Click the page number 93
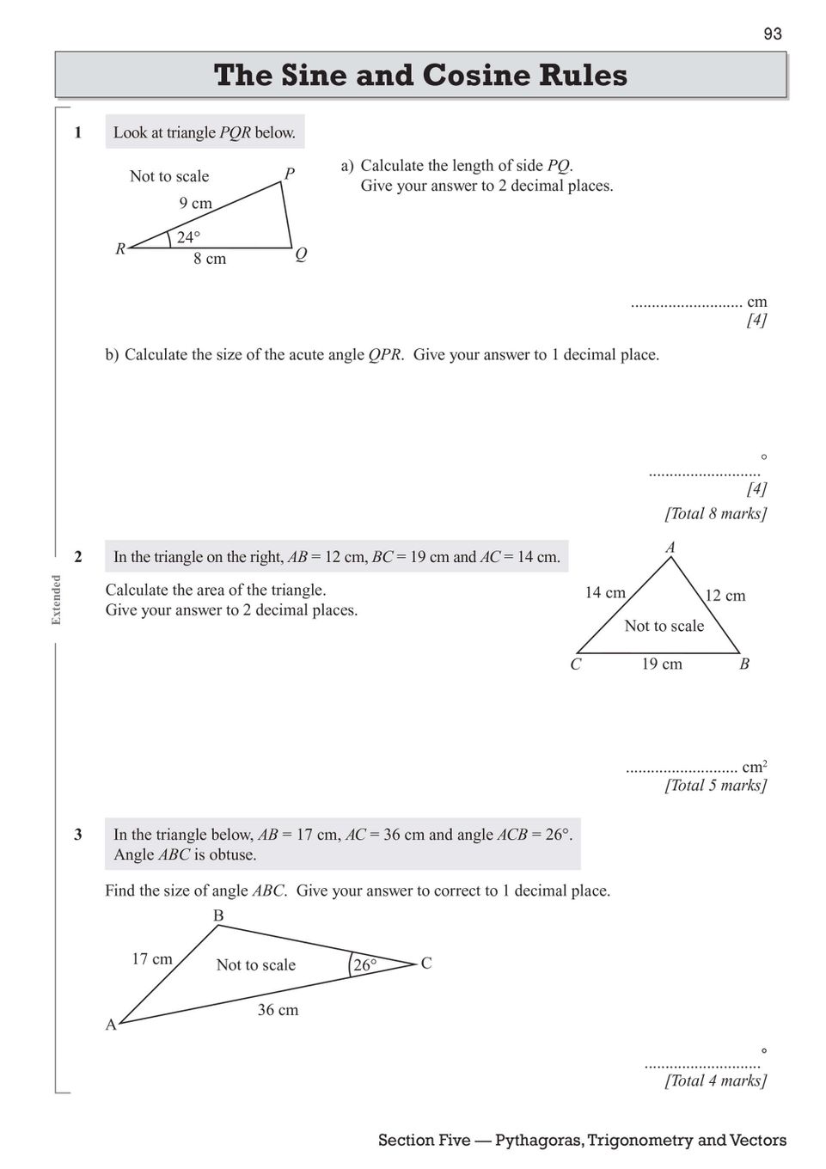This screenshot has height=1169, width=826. (x=772, y=34)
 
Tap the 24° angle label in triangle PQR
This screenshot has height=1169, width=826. (x=188, y=237)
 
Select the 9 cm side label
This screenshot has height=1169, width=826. (x=195, y=204)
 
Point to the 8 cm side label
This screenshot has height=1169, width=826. (x=210, y=259)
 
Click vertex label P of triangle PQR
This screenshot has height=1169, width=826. (x=290, y=174)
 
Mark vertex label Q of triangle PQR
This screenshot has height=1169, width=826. (x=301, y=254)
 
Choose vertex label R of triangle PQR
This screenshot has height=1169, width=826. (x=121, y=249)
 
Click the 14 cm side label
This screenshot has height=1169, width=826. (x=605, y=592)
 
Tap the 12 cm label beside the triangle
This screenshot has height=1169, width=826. (x=725, y=596)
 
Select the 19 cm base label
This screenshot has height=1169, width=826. (x=662, y=664)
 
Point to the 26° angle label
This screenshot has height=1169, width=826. (x=364, y=965)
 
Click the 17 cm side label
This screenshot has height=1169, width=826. (x=152, y=958)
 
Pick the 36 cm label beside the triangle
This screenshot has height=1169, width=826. (x=278, y=1010)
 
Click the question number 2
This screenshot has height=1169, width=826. (x=78, y=557)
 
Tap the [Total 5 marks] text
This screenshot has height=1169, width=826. (x=715, y=785)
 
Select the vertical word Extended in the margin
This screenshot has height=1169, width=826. (x=57, y=599)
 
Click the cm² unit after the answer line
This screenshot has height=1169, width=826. (x=755, y=767)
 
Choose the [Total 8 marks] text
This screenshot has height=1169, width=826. (x=715, y=513)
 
